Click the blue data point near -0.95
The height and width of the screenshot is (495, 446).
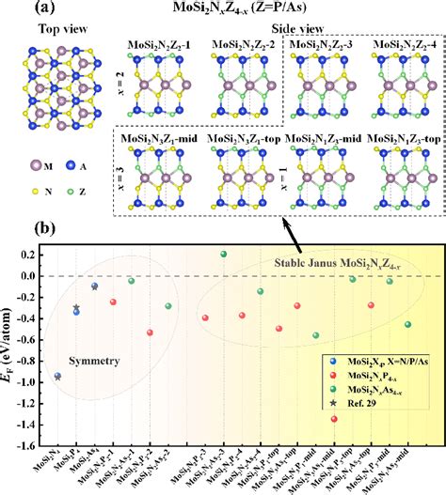coord(57,376)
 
